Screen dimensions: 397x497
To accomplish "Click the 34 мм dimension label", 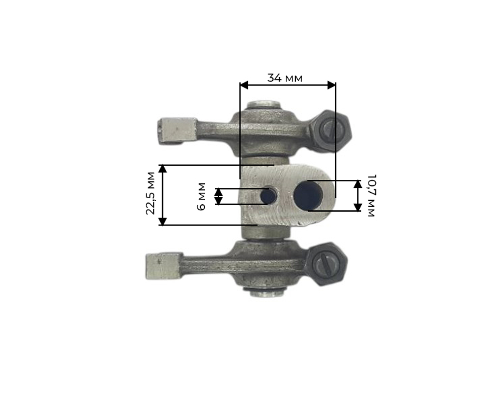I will (285, 78).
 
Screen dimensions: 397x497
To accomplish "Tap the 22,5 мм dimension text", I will (151, 193).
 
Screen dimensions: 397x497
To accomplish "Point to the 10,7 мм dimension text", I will (371, 195).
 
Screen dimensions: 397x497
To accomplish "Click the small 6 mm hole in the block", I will (269, 196).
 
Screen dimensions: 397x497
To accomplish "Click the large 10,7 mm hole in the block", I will (308, 195).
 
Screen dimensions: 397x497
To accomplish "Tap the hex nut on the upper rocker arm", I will (329, 131).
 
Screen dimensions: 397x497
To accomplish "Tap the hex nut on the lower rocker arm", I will (326, 264).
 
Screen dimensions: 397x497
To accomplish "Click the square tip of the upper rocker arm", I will (176, 131).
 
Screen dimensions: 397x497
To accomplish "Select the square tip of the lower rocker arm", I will (163, 266).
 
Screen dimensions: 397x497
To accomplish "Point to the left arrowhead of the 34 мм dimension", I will (244, 85).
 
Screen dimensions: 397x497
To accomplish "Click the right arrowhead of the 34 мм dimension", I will (331, 85).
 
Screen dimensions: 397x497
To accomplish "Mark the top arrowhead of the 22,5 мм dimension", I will (163, 169).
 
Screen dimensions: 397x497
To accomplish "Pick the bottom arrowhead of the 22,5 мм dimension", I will (163, 221).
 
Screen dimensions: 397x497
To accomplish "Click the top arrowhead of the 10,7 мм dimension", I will (358, 184).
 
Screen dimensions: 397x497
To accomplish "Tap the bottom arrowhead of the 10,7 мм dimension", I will (358, 207).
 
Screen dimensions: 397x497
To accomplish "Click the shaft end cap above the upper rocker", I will (264, 105).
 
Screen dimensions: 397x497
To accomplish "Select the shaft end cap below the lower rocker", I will (267, 293).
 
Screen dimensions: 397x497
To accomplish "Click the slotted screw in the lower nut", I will (326, 264).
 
